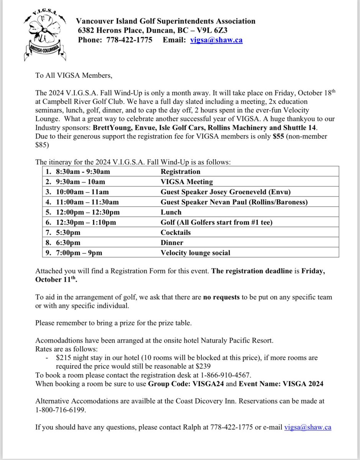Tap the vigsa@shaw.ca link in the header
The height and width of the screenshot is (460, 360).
[216, 40]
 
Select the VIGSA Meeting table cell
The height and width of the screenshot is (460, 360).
[186, 182]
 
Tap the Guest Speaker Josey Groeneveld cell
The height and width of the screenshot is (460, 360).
[217, 192]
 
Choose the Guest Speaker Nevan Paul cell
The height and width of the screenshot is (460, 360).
[234, 202]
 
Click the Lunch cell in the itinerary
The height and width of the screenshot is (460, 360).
[171, 212]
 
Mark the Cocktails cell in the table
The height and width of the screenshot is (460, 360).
[175, 232]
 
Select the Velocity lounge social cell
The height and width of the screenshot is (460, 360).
[196, 253]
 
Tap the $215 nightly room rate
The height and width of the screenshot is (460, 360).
[64, 358]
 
